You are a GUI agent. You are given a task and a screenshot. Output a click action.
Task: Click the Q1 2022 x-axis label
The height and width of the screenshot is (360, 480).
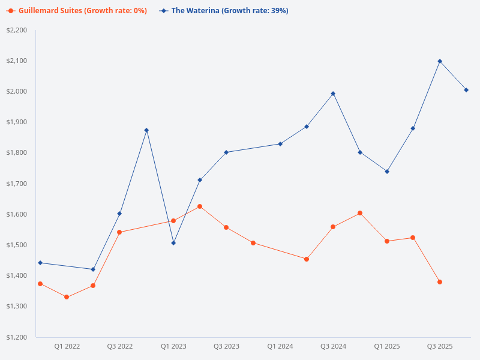(x=67, y=346)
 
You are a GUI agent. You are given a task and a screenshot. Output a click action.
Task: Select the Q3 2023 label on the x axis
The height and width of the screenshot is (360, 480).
(x=226, y=346)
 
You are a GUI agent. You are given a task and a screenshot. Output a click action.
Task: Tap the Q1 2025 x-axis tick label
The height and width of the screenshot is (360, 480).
(x=387, y=346)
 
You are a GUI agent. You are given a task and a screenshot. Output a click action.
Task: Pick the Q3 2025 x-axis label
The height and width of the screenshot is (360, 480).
(x=440, y=346)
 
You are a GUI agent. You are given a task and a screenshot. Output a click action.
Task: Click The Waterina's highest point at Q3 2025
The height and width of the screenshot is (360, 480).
(x=440, y=61)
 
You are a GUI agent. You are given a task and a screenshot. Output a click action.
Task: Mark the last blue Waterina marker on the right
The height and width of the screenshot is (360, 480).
(x=466, y=90)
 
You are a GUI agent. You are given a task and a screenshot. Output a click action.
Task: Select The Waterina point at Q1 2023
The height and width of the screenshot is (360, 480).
(x=173, y=243)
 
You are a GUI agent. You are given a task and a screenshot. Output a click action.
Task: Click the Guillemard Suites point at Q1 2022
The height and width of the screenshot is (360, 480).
(x=67, y=297)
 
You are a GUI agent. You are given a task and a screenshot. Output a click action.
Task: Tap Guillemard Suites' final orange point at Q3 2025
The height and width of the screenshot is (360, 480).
(x=440, y=282)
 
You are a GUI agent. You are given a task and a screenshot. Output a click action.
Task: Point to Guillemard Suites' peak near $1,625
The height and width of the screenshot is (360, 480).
(x=200, y=206)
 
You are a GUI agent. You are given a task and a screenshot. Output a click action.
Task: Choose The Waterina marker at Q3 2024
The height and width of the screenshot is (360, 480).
(x=333, y=94)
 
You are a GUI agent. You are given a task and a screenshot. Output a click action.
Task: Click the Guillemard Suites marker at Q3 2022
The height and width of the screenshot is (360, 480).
(x=119, y=232)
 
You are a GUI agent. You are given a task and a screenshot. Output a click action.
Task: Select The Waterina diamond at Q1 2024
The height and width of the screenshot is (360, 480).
(x=280, y=144)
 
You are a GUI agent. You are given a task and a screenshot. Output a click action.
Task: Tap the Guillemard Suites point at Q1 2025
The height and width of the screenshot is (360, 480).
(x=387, y=241)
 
